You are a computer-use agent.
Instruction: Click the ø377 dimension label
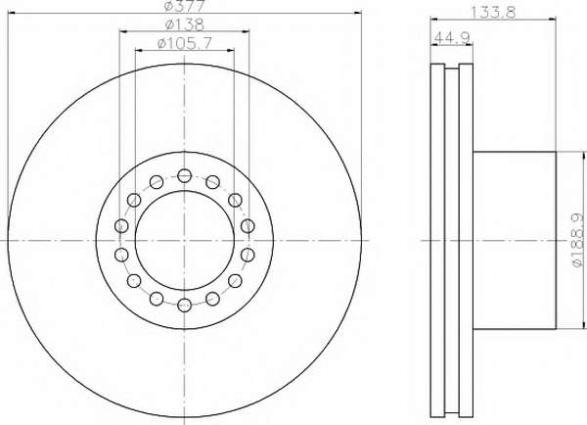click(x=185, y=5)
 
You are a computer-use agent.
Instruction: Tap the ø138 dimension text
click(x=185, y=24)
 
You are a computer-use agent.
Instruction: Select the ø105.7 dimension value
click(x=185, y=43)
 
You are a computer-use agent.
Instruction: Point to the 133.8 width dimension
click(x=493, y=13)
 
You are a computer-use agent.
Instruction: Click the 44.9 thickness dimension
click(x=452, y=37)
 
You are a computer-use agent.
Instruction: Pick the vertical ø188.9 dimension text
click(x=578, y=240)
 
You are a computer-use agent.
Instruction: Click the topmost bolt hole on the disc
click(x=185, y=175)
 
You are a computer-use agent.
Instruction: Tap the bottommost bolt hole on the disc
click(x=185, y=305)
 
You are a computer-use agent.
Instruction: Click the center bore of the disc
click(x=185, y=240)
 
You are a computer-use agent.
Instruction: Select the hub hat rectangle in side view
click(x=515, y=240)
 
